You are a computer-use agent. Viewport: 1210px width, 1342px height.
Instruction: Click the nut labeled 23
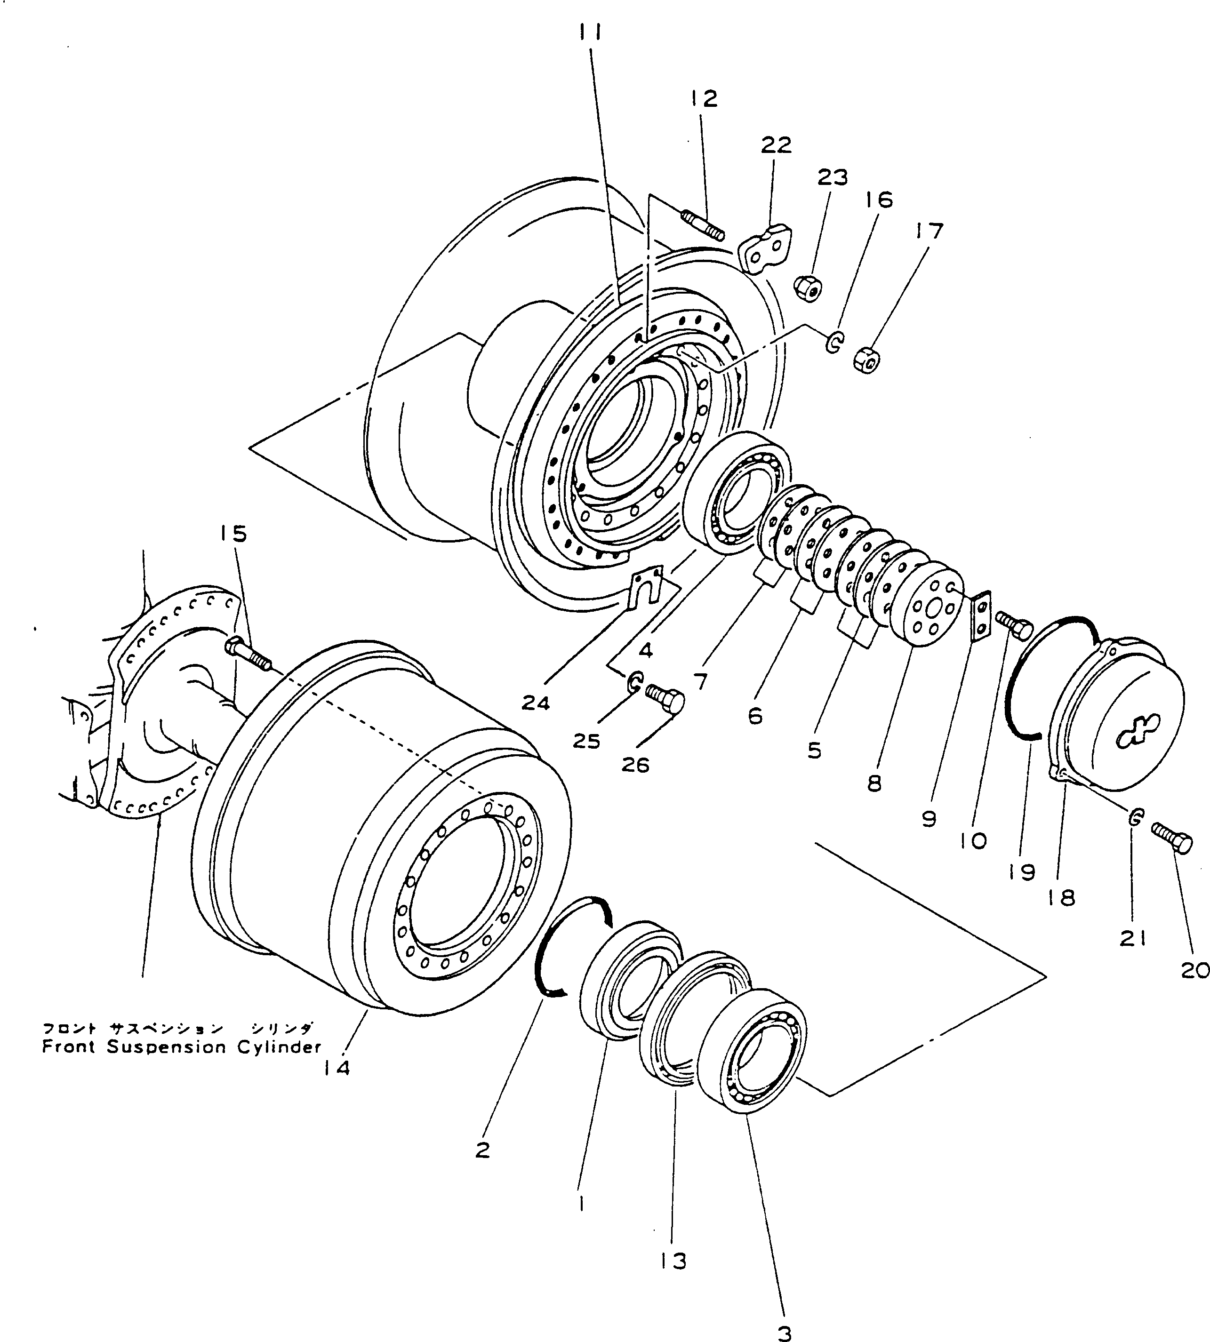(809, 288)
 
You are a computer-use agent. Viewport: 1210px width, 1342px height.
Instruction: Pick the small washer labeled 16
(833, 343)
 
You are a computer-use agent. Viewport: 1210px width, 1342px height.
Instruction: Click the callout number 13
(673, 1260)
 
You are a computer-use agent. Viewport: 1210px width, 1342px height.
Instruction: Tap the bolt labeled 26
(666, 700)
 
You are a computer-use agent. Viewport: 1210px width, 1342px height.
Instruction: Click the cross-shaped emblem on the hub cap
(1138, 728)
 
